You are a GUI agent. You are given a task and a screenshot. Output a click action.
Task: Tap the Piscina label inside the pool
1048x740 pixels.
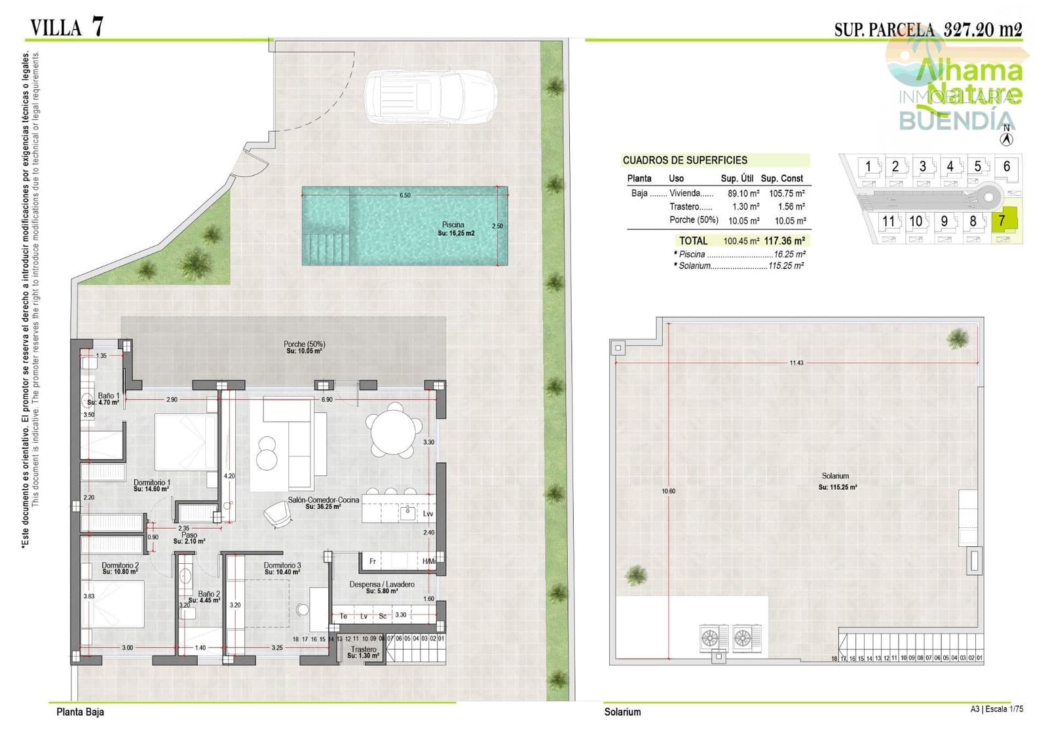(453, 225)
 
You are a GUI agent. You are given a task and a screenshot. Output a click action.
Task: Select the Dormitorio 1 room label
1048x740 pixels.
(151, 483)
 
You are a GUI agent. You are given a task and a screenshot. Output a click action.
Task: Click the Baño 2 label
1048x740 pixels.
(209, 594)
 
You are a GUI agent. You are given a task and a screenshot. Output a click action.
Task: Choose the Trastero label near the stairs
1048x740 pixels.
(364, 650)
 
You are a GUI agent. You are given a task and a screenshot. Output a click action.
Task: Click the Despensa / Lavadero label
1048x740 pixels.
(381, 584)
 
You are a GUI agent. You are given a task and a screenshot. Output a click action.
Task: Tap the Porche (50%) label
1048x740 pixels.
(304, 344)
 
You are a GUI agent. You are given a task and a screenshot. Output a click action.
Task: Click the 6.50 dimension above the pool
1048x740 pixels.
(405, 195)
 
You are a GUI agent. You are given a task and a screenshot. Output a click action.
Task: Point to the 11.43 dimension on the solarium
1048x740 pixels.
(796, 363)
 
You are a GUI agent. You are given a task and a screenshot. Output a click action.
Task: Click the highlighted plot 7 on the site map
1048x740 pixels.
(1002, 221)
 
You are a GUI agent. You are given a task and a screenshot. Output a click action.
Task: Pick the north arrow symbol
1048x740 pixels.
(1007, 138)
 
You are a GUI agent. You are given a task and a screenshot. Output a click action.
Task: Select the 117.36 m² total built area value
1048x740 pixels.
(784, 241)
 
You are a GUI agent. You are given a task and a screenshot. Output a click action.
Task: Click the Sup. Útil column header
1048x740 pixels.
(737, 178)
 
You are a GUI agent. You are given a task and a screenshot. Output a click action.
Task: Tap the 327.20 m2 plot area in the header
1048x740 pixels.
(982, 29)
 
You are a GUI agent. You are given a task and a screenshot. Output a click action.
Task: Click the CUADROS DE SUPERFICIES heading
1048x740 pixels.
(684, 160)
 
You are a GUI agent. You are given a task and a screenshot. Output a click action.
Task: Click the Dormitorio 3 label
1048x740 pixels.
(282, 565)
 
